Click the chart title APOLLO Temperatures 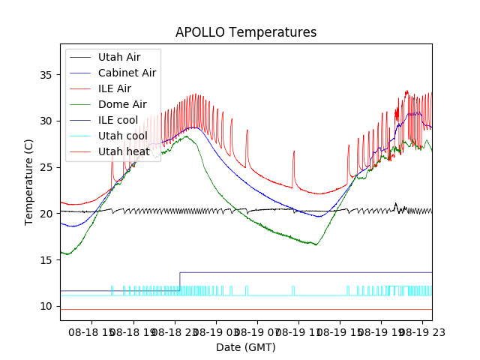click(x=246, y=32)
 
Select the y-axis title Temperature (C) click(x=29, y=182)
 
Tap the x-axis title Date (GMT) click(x=246, y=347)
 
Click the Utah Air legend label click(x=119, y=57)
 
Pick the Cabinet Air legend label click(x=127, y=73)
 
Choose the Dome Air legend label click(x=122, y=104)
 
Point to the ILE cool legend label click(x=120, y=120)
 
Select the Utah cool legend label click(x=123, y=136)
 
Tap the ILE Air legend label click(x=115, y=88)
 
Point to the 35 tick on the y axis click(x=47, y=75)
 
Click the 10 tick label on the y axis click(x=47, y=306)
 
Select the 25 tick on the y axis click(x=47, y=167)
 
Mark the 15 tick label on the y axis click(x=47, y=260)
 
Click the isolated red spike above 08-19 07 click(x=294, y=151)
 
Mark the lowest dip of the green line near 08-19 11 click(x=316, y=244)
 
